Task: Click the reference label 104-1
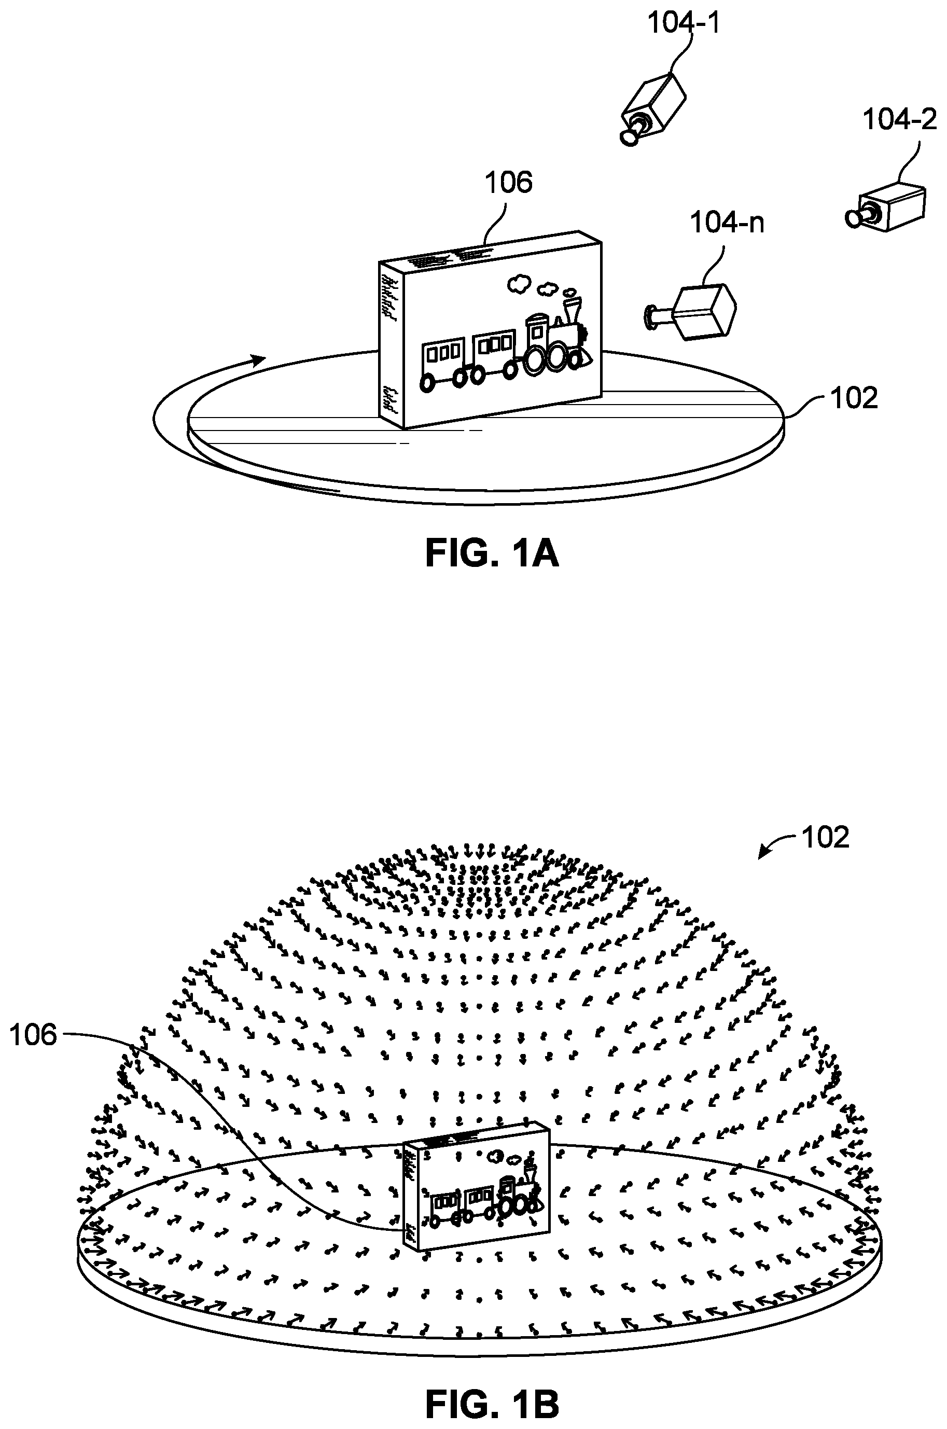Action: (684, 22)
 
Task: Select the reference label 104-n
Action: (727, 223)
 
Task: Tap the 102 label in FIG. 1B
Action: (825, 838)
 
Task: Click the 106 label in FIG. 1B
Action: (33, 1035)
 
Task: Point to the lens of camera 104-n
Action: (652, 317)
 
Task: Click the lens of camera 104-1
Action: (629, 137)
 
